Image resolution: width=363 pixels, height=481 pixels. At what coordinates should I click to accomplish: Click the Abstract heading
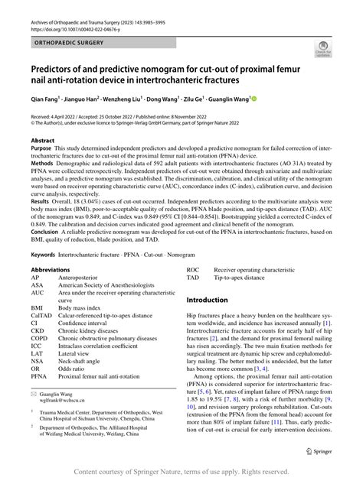pyautogui.click(x=43, y=141)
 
